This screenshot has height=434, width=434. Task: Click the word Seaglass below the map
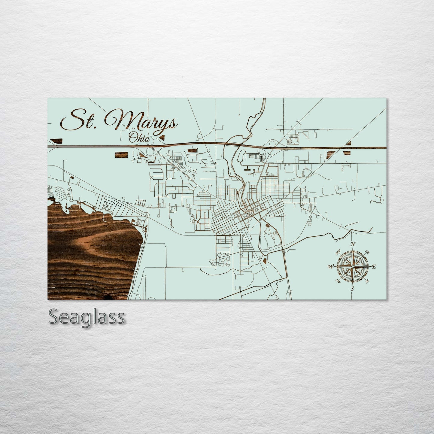[86, 317]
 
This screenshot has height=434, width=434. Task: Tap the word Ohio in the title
[140, 138]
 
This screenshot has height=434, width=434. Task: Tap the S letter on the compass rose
[352, 289]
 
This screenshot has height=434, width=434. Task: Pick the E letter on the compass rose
[374, 266]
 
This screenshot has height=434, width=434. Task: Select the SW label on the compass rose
[338, 281]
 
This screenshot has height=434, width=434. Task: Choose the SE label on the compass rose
[367, 281]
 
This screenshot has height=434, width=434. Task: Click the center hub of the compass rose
[353, 266]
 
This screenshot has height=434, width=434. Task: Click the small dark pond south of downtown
[264, 260]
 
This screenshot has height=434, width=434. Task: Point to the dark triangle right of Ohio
[162, 138]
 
